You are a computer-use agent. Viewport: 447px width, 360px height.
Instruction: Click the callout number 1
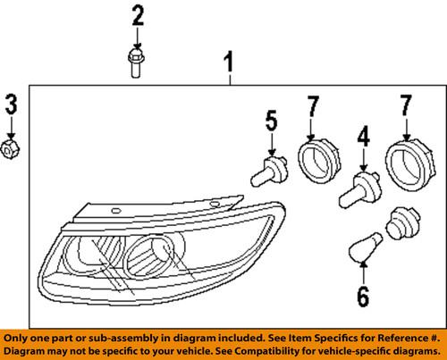229,63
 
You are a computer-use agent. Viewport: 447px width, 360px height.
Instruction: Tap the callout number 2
137,15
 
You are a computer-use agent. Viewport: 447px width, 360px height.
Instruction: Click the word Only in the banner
21,339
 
